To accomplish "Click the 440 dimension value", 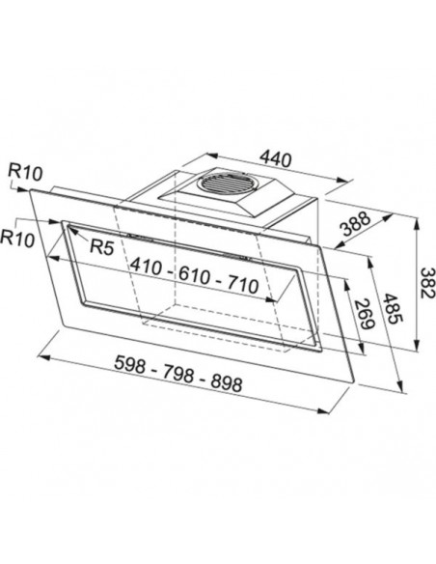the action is coord(275,159).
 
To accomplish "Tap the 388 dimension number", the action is coord(355,224).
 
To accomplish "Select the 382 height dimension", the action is coord(426,283).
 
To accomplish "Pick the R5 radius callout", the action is coord(102,247).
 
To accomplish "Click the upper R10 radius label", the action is coord(25,173).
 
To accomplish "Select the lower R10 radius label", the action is coord(17,239).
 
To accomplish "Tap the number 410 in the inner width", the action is coord(146,267).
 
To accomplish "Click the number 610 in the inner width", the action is coord(194,276).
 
